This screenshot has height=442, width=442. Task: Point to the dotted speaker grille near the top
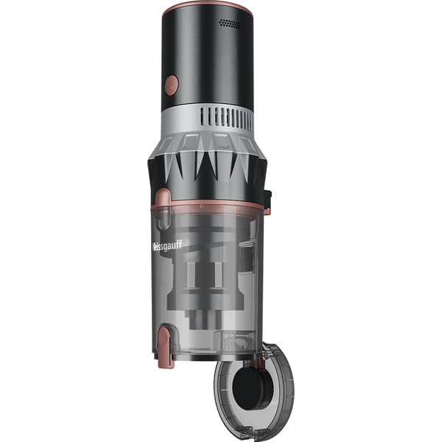[230, 24]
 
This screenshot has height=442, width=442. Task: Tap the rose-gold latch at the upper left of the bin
[166, 199]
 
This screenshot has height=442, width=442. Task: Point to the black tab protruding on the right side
[267, 200]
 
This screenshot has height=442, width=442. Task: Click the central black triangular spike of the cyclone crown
[208, 166]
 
